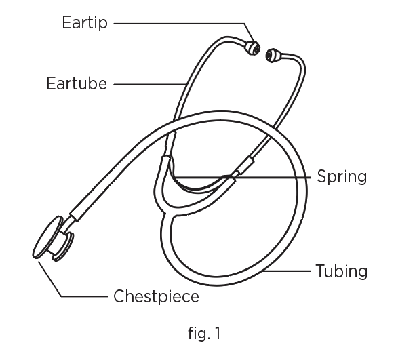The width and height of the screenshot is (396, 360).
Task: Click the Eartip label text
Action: coord(85,23)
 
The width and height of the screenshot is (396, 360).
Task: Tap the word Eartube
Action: coord(77,83)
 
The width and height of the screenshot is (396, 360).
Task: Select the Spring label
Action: coord(342,177)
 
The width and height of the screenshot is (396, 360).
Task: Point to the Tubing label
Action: coord(342,271)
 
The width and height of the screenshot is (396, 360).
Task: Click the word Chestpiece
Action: coord(156,296)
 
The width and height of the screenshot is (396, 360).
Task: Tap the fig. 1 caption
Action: coord(204,334)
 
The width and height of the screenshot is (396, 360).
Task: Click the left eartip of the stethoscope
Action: coord(252,48)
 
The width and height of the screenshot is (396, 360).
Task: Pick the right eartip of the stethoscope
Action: coord(273,56)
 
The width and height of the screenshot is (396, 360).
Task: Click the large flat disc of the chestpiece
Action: coord(47,237)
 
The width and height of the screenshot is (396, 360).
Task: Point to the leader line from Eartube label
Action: coord(150,84)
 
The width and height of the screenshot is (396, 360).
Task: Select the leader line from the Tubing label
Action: coord(287,271)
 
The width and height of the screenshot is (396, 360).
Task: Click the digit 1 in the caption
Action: coord(218,333)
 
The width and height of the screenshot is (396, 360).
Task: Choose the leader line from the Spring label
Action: coord(243,178)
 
